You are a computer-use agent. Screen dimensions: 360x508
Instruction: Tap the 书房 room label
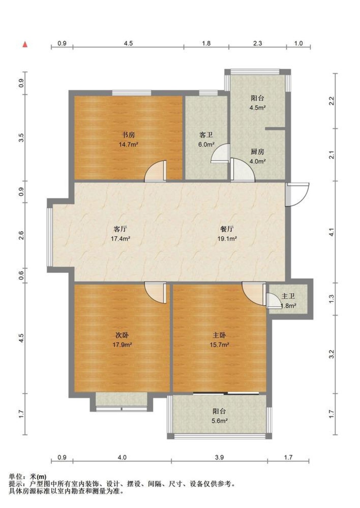(129, 135)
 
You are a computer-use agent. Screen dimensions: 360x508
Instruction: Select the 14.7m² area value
(129, 144)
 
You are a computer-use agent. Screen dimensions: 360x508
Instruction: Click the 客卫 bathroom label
(206, 135)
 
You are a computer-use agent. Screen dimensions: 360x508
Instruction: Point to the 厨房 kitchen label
(257, 152)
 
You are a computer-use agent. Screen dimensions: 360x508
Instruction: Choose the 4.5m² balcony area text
(257, 107)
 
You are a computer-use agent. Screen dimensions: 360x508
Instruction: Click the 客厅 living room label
(120, 229)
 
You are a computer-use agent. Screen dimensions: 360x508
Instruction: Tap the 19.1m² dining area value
(227, 238)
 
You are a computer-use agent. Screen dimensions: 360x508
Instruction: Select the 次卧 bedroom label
(122, 335)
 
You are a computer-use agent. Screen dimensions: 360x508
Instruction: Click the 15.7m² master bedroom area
(219, 345)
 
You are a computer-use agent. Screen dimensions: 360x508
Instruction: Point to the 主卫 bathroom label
(288, 296)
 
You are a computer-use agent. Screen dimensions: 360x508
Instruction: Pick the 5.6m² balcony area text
(220, 421)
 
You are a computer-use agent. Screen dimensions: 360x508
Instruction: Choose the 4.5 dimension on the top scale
(128, 43)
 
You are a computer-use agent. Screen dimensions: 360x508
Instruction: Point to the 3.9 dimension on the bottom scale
(219, 457)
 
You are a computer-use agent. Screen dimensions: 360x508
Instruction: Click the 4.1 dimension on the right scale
(332, 232)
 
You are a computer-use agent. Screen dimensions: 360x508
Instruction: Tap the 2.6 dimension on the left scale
(21, 236)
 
